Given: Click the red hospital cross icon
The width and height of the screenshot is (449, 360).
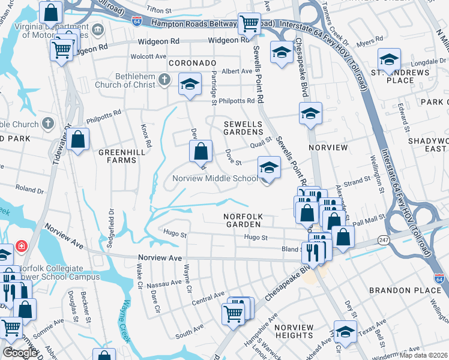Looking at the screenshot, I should (22, 246).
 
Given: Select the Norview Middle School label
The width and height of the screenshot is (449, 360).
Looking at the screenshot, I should (215, 178).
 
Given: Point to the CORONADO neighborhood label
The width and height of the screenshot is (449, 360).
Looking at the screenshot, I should (192, 62).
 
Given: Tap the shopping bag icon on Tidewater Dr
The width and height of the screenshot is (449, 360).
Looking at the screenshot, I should (78, 140).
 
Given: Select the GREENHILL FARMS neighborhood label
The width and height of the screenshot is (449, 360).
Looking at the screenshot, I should (118, 157).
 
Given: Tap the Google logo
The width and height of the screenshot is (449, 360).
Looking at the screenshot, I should (20, 353).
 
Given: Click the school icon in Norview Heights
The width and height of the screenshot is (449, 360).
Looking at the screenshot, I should (345, 332).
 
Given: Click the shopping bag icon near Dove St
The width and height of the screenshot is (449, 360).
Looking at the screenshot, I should (202, 151).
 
